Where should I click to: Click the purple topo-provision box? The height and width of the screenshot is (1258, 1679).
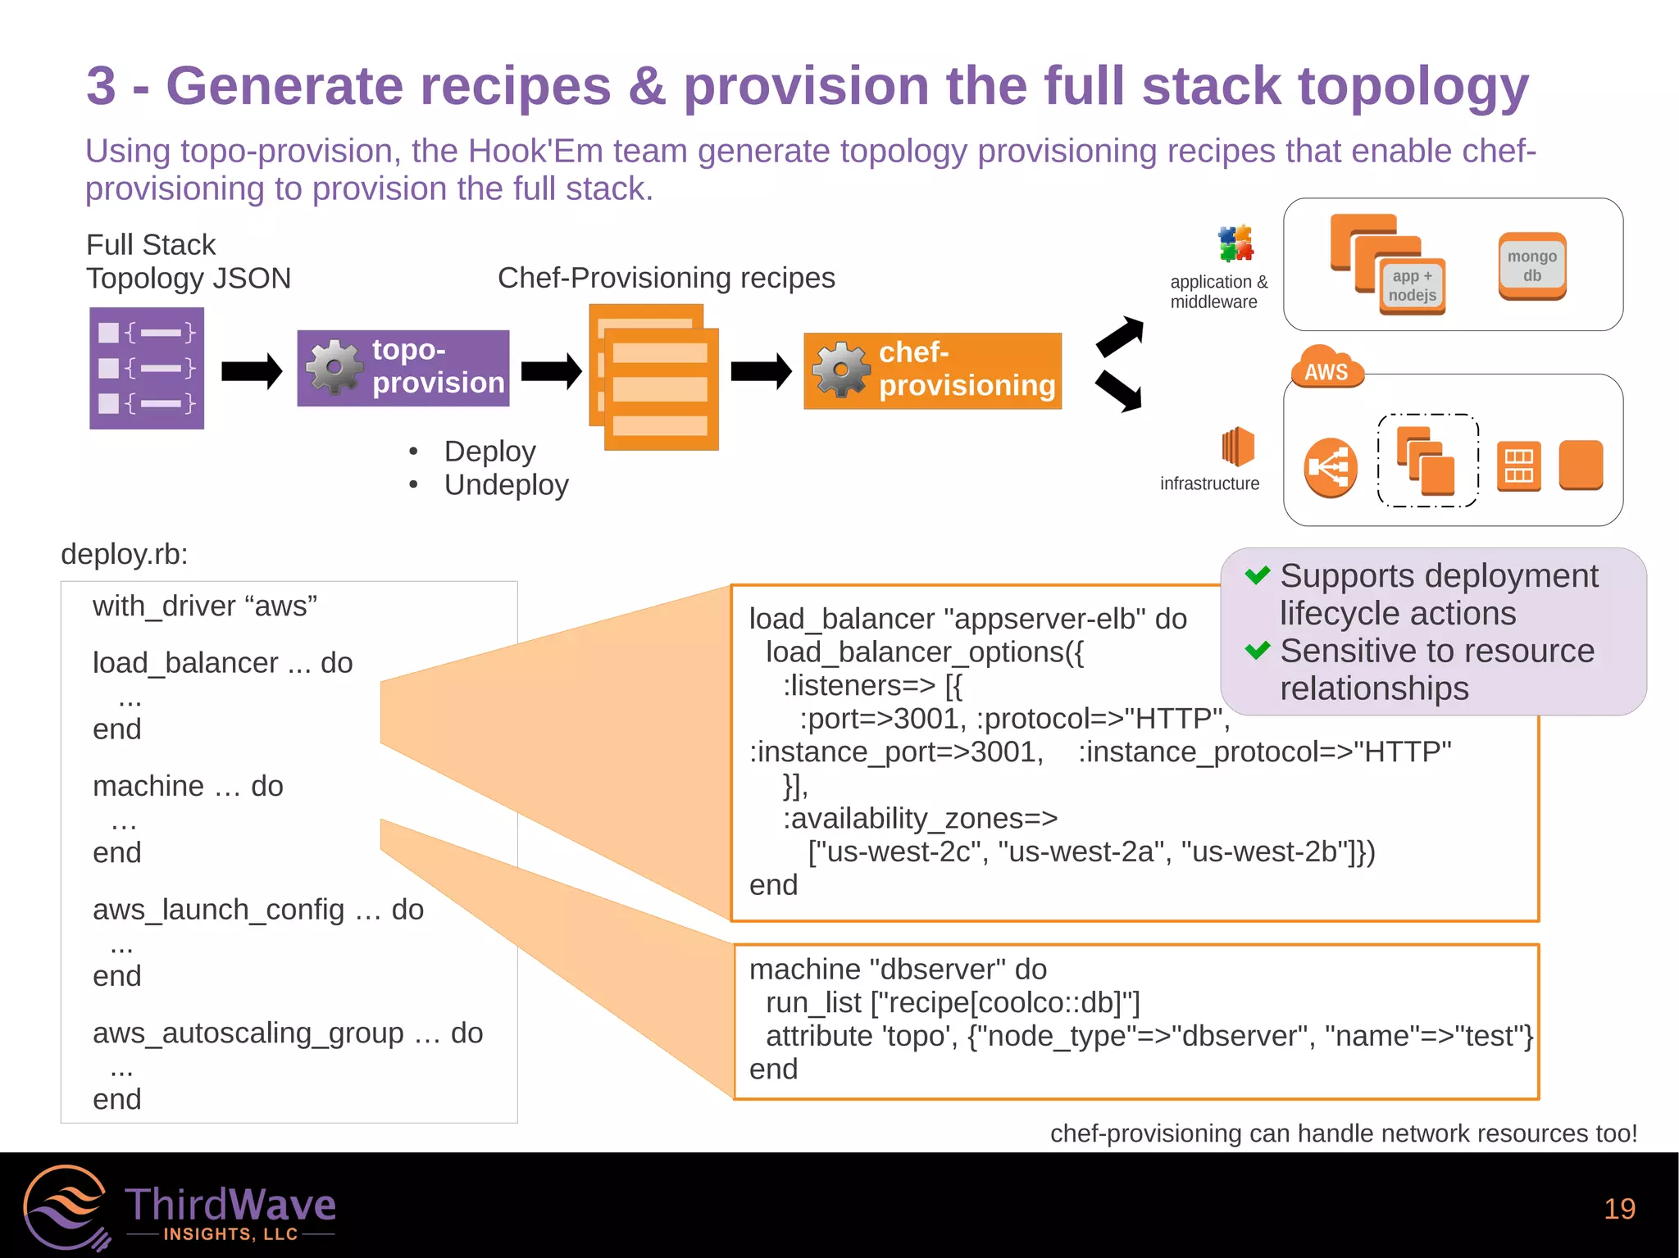click(403, 368)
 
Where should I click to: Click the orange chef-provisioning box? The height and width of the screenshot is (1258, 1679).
click(932, 370)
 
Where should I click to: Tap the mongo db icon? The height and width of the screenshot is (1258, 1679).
click(1531, 266)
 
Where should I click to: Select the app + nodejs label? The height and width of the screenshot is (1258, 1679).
click(1412, 286)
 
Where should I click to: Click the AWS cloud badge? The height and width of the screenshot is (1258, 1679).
click(1326, 370)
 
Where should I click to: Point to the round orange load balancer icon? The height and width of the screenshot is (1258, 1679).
click(1330, 468)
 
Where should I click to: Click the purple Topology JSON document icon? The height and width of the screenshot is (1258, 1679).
click(147, 368)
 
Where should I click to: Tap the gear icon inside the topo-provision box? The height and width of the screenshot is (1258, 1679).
click(334, 367)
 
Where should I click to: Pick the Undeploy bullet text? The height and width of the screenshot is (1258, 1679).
click(506, 485)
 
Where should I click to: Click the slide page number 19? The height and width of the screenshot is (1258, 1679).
click(1618, 1209)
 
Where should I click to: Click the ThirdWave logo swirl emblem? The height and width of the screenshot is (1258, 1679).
click(66, 1208)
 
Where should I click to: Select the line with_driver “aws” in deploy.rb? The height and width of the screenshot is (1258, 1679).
click(205, 606)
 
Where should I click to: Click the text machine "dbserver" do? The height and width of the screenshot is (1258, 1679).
click(898, 970)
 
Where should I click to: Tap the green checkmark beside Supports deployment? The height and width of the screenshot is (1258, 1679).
click(1257, 575)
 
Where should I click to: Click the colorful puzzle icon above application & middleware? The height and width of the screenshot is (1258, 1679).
click(1235, 243)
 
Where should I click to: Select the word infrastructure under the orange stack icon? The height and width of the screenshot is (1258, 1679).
click(1209, 484)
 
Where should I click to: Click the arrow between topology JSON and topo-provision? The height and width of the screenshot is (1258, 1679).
click(252, 371)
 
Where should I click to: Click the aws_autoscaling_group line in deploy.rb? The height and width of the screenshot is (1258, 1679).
click(287, 1033)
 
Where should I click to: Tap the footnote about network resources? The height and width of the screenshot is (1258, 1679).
click(1343, 1133)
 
